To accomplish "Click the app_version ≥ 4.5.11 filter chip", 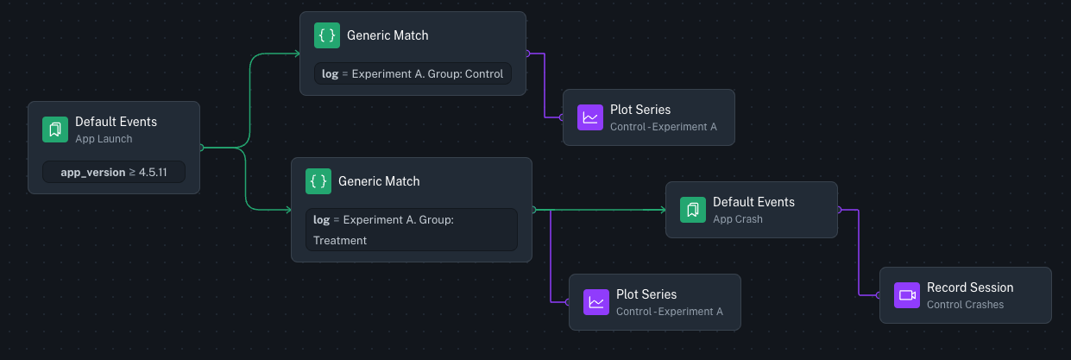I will click(114, 172).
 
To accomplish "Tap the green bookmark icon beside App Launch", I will click(55, 129).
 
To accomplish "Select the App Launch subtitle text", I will click(104, 138).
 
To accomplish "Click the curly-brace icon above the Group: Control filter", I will click(327, 36).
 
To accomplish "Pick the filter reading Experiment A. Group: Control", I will click(413, 73).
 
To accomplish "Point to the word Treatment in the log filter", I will click(340, 240).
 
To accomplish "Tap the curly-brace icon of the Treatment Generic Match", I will click(318, 182).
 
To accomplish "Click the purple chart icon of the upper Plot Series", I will click(590, 117).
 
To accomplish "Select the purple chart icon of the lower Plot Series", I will click(596, 302).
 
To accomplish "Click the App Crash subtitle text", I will click(738, 219).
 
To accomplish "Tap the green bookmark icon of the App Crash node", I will click(693, 210).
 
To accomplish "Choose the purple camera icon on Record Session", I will click(907, 295).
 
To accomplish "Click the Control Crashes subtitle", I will click(965, 304).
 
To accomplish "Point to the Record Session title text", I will click(970, 287).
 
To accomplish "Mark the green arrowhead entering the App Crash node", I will click(661, 210).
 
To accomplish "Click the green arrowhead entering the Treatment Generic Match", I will click(287, 210).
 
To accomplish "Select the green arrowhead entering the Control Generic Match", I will click(295, 54).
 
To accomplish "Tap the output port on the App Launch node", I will click(201, 148).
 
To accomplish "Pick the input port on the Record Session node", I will click(879, 295).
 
